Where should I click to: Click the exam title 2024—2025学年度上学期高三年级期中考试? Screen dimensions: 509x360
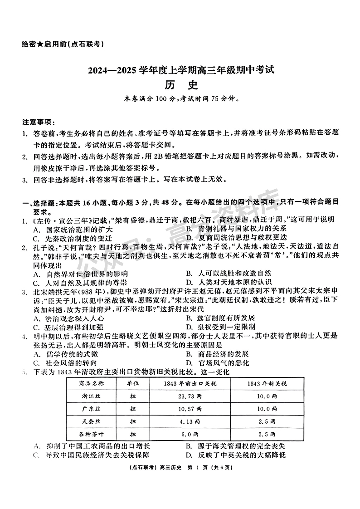tap(180, 71)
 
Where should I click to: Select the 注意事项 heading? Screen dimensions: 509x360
tap(38, 122)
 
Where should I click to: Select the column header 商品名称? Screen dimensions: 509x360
tap(91, 383)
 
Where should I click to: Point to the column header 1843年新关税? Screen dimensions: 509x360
tap(268, 383)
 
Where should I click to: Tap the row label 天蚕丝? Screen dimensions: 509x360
tap(91, 421)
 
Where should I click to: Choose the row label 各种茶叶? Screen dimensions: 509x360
tap(91, 434)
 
